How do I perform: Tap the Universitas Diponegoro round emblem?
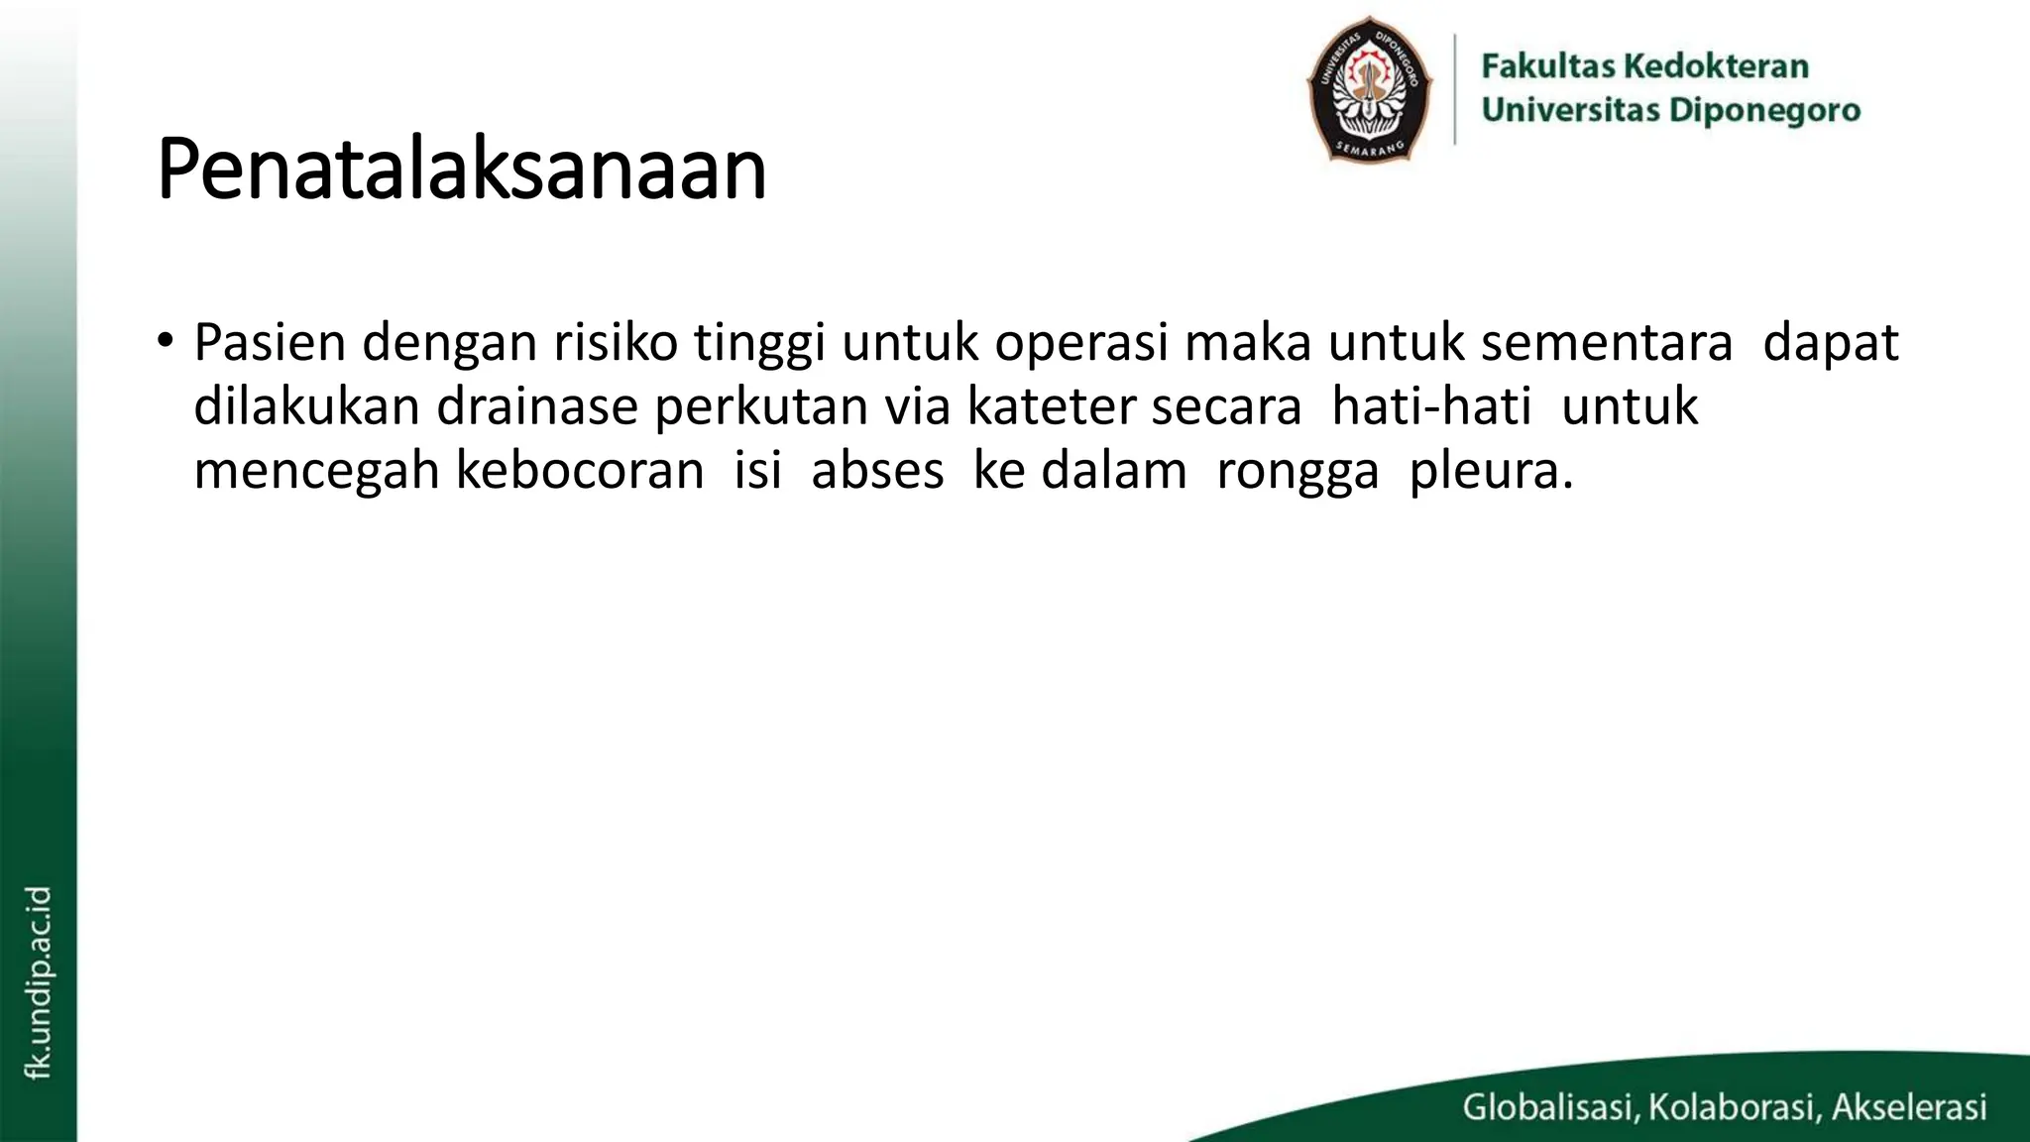[1369, 89]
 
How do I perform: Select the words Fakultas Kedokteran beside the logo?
[1644, 66]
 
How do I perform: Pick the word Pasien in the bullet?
[270, 343]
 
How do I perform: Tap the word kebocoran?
[579, 470]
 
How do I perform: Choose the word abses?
[877, 470]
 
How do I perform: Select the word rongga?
[1297, 472]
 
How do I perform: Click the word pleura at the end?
[1490, 472]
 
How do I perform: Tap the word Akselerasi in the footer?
[1909, 1106]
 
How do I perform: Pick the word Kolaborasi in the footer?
[1732, 1106]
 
